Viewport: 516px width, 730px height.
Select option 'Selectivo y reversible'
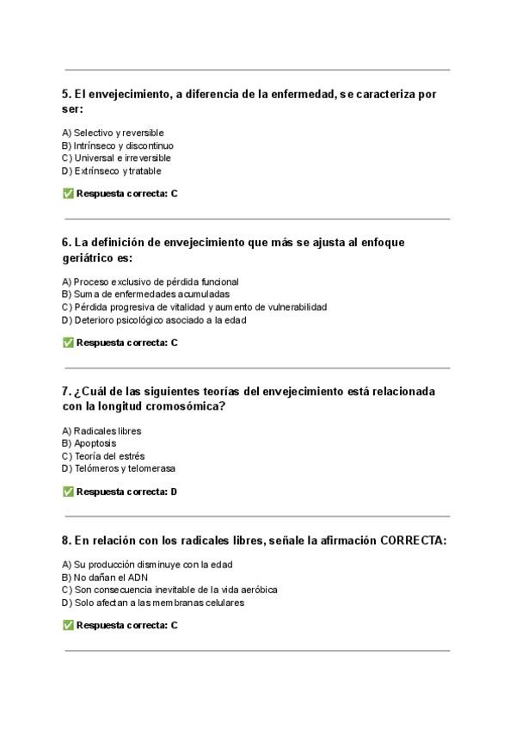click(113, 133)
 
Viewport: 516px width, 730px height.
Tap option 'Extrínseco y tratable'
click(112, 171)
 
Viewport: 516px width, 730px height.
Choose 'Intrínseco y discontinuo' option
click(118, 145)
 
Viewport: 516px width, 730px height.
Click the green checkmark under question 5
click(68, 194)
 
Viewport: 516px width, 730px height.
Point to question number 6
click(66, 243)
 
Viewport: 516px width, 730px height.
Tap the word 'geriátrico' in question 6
click(91, 258)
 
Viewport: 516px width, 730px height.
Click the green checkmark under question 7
click(68, 492)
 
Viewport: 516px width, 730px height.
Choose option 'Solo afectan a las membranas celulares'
click(153, 603)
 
